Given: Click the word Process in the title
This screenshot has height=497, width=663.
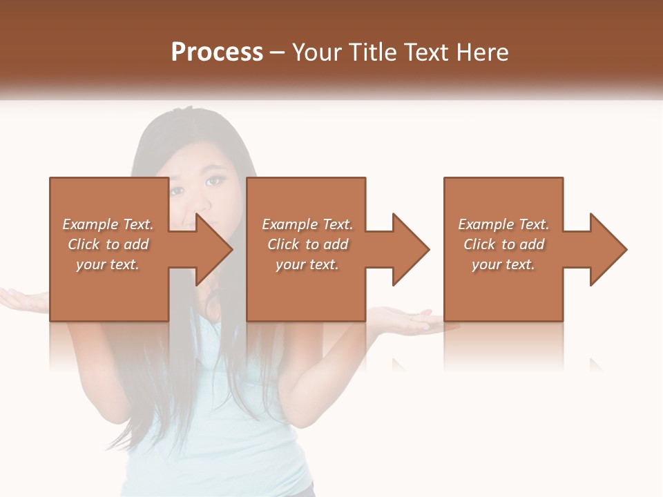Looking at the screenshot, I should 217,52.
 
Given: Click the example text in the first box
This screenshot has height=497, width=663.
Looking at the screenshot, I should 108,244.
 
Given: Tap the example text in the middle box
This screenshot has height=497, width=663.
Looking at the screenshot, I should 307,244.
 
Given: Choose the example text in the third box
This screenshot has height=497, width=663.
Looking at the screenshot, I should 503,244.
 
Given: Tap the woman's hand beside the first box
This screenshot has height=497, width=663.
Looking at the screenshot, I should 24,299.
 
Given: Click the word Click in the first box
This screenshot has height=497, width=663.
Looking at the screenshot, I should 84,244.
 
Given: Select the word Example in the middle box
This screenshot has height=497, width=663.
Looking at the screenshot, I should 285,224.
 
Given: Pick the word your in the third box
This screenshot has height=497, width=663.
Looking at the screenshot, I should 486,264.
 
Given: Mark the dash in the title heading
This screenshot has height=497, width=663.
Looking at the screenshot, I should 278,52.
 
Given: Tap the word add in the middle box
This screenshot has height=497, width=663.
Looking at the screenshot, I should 336,244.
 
